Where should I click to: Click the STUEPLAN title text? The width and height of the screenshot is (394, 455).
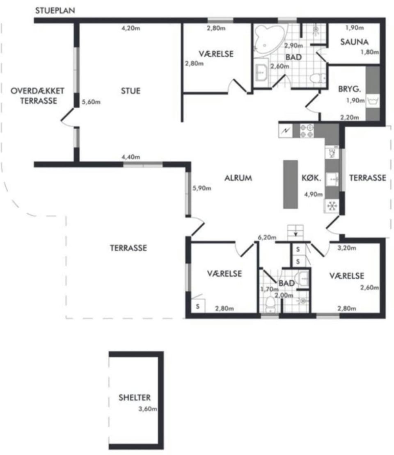click(x=55, y=10)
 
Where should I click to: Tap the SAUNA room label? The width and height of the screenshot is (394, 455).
click(x=354, y=42)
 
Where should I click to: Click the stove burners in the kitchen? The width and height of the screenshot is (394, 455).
click(x=307, y=131)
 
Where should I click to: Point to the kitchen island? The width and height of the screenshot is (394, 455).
click(x=291, y=184)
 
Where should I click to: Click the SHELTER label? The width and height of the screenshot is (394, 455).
click(x=135, y=397)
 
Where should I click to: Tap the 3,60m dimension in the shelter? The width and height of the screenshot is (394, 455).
click(x=148, y=409)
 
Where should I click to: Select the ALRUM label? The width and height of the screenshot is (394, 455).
click(x=238, y=178)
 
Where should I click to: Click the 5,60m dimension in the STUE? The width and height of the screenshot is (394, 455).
click(x=91, y=102)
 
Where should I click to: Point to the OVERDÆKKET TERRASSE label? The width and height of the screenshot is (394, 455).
click(x=37, y=96)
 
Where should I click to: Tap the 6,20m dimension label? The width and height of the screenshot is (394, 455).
click(x=267, y=237)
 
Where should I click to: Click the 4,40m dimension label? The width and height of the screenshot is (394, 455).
click(x=131, y=157)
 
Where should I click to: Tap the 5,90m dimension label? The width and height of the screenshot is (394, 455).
click(x=202, y=188)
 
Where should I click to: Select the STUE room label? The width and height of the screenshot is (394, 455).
click(x=131, y=91)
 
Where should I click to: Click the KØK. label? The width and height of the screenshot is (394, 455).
click(x=312, y=178)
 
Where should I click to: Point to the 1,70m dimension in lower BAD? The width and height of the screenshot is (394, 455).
click(x=269, y=289)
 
